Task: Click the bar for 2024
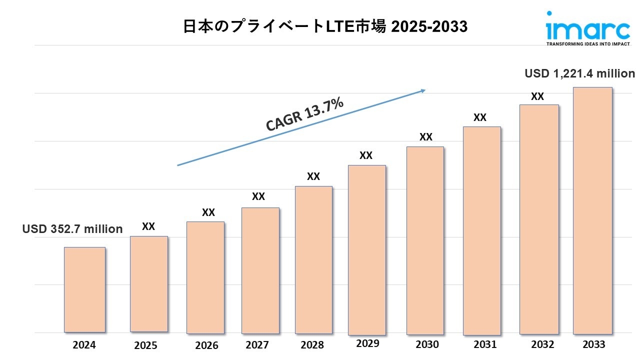(84, 289)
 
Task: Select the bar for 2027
(260, 270)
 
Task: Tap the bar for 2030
(425, 240)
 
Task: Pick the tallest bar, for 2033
(592, 210)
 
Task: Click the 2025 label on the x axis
(145, 345)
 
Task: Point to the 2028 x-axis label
(312, 345)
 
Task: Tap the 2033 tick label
(593, 344)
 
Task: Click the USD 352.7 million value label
(72, 229)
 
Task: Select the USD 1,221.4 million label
(579, 73)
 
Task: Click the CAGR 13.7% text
(304, 115)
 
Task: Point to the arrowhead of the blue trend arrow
(423, 90)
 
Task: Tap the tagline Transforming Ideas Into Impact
(587, 44)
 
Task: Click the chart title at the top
(325, 26)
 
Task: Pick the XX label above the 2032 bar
(537, 97)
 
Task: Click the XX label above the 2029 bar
(366, 155)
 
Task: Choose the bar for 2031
(481, 230)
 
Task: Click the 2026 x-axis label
(206, 345)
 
